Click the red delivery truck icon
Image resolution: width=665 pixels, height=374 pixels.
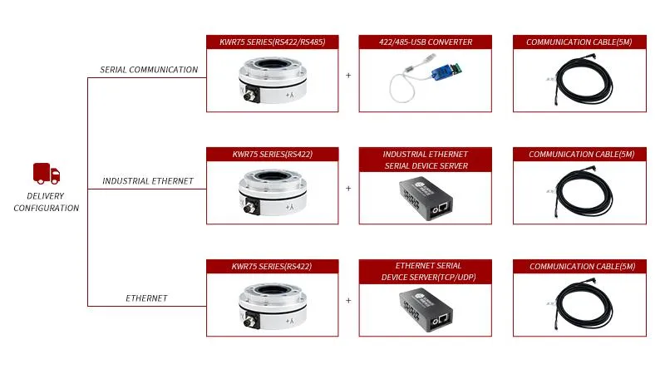(x=47, y=174)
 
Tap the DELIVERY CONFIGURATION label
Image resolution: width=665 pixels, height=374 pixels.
(x=47, y=202)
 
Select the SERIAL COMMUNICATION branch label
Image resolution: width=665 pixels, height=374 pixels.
(x=149, y=70)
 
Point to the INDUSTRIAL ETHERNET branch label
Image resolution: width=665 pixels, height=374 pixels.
(x=148, y=181)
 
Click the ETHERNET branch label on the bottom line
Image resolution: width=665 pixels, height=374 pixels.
(x=146, y=298)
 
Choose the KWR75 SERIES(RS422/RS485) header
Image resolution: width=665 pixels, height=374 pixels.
(x=273, y=42)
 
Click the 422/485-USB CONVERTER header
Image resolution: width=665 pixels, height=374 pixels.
(x=426, y=42)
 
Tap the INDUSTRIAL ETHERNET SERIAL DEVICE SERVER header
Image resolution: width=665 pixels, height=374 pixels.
(x=426, y=160)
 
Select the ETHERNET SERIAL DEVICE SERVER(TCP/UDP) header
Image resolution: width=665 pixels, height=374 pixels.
(x=428, y=272)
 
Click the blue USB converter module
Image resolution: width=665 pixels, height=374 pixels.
(x=446, y=71)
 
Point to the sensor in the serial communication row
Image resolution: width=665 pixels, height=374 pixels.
(x=273, y=80)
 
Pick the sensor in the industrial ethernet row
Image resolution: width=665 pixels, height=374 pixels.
(x=273, y=192)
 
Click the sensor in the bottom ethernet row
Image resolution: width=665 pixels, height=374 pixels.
(x=273, y=305)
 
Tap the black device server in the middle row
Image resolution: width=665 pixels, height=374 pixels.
(x=426, y=199)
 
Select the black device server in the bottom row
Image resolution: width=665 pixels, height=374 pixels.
(x=426, y=310)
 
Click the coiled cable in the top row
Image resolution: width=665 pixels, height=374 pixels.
(x=582, y=80)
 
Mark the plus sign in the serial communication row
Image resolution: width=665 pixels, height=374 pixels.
(x=348, y=75)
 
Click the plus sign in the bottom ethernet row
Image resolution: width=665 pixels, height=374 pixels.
(x=348, y=300)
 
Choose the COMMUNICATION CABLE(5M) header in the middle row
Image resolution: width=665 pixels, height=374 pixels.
(x=581, y=155)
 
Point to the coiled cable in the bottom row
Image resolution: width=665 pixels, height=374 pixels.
(x=582, y=304)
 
